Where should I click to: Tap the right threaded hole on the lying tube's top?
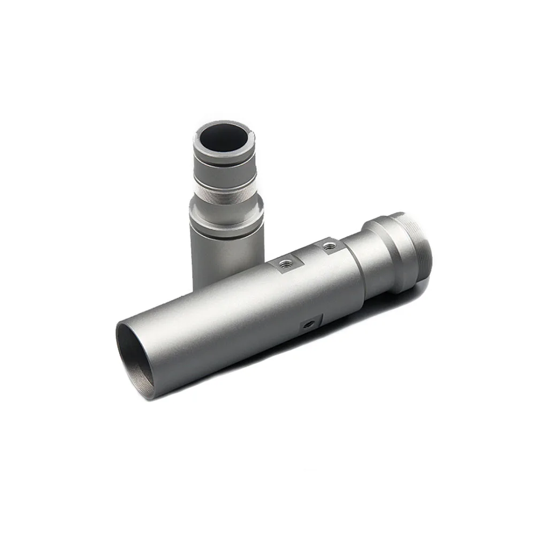click(x=328, y=246)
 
